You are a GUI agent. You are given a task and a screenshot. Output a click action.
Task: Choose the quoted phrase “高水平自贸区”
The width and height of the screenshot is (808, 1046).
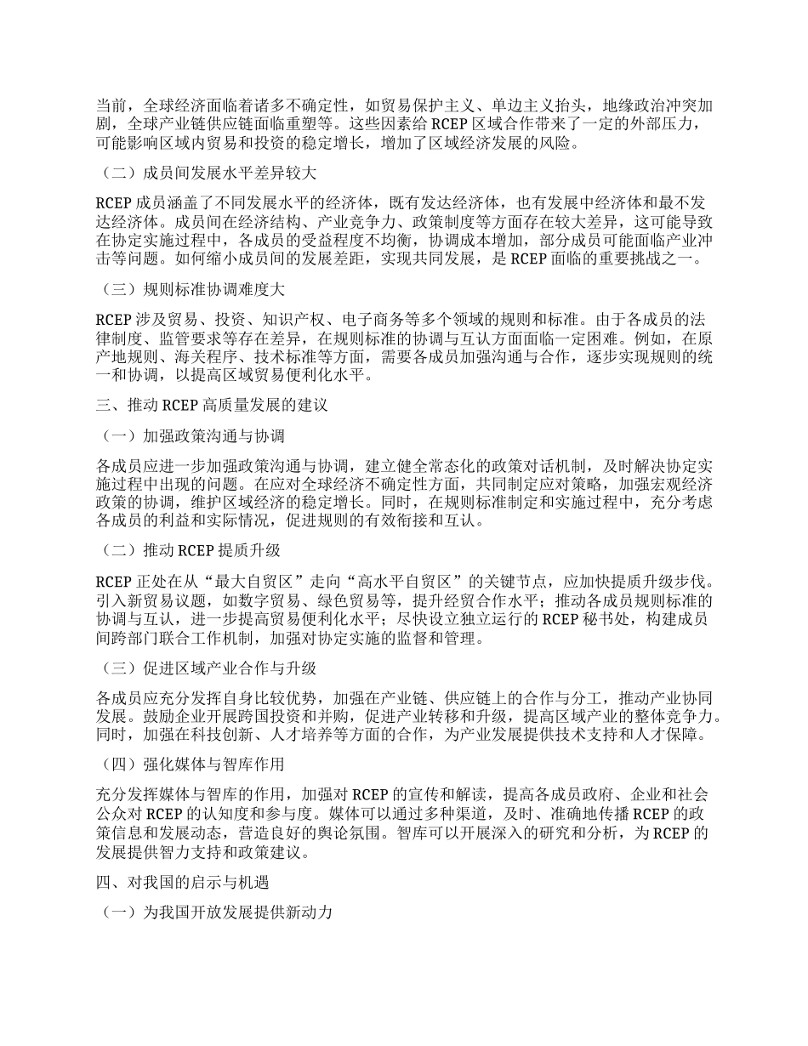(x=410, y=582)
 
